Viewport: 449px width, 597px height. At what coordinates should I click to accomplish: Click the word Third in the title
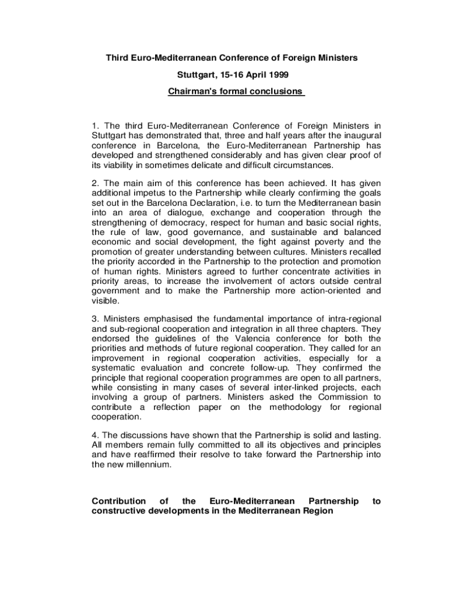(x=117, y=58)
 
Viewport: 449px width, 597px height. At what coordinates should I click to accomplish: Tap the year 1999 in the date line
(x=277, y=75)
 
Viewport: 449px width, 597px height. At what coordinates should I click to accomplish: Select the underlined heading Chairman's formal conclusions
(x=236, y=92)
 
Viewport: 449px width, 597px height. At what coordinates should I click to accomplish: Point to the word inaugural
(x=360, y=135)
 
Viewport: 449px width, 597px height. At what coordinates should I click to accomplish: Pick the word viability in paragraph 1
(x=117, y=165)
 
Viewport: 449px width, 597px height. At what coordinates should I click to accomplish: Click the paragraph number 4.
(x=95, y=435)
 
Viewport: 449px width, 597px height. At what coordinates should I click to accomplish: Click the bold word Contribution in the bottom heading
(x=119, y=501)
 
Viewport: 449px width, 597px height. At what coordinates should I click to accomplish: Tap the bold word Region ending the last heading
(x=317, y=511)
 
